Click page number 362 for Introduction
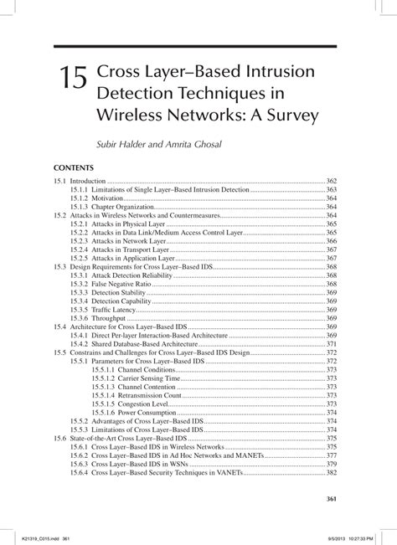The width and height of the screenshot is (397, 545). [x=330, y=181]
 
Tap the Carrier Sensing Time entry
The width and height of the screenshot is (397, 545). [x=147, y=378]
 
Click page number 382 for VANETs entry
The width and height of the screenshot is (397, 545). [x=330, y=473]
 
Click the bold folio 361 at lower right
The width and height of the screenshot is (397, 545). [x=329, y=500]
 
